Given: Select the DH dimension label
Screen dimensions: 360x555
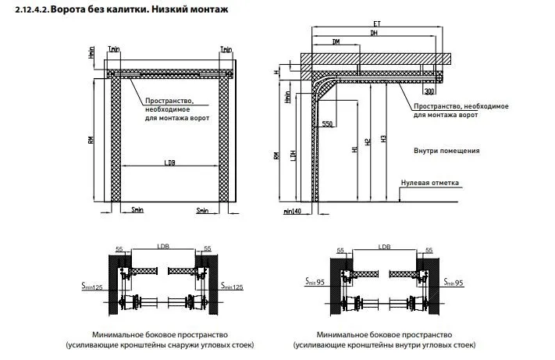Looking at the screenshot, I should click(x=375, y=34).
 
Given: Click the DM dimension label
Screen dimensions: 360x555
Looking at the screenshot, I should click(x=335, y=41).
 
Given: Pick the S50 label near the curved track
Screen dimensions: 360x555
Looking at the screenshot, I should click(x=327, y=124).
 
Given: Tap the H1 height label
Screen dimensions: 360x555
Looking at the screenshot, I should click(x=354, y=147).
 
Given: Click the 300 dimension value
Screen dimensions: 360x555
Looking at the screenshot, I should click(x=429, y=92).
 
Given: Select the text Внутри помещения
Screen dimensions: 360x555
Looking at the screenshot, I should click(x=446, y=151).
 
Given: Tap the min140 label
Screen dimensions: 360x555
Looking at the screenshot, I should click(x=293, y=211).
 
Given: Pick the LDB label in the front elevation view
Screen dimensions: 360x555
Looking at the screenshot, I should click(x=170, y=162).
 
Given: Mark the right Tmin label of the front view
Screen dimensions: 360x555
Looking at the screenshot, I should click(x=226, y=48).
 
